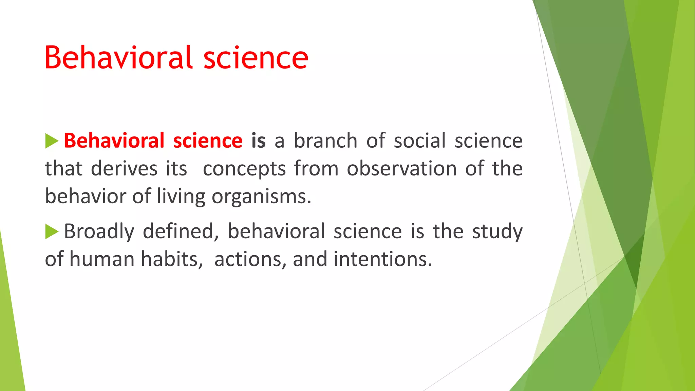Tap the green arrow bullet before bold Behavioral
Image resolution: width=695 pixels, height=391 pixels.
click(x=52, y=141)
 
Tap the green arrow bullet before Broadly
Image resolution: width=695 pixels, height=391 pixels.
click(x=52, y=231)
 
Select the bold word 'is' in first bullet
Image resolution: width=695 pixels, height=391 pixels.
click(x=258, y=141)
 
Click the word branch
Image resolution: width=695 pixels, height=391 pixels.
click(x=325, y=141)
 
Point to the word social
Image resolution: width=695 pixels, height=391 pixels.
click(x=419, y=141)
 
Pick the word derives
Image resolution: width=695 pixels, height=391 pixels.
click(x=124, y=169)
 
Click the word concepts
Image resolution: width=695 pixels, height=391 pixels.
click(x=244, y=169)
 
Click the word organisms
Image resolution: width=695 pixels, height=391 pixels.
click(x=261, y=197)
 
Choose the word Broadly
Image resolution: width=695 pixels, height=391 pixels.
click(x=99, y=231)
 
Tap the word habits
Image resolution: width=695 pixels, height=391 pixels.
click(x=172, y=259)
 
